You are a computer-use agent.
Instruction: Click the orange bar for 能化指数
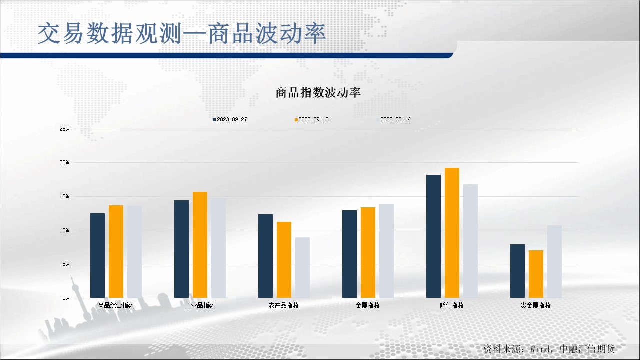point(452,233)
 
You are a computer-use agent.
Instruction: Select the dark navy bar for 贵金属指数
point(517,271)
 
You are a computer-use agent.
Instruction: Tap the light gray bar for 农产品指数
point(302,267)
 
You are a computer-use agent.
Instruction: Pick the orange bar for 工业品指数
point(200,245)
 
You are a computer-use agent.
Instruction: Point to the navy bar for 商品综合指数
point(97,255)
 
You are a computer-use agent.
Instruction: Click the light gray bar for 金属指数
point(386,251)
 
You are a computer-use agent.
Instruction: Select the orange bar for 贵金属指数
point(536,274)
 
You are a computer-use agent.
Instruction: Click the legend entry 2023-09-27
point(230,119)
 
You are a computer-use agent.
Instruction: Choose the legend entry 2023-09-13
point(311,119)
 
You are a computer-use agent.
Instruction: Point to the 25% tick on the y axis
point(64,129)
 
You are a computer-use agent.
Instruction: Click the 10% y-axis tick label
point(64,230)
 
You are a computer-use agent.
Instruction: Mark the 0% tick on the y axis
point(66,298)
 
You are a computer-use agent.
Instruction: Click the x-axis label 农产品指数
point(283,305)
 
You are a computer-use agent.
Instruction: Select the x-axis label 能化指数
point(451,305)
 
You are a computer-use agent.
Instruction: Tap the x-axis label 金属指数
point(367,305)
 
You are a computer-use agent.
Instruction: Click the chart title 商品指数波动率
point(318,93)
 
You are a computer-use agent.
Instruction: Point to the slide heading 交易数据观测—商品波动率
point(182,33)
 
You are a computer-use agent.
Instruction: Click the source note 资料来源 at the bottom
point(549,349)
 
